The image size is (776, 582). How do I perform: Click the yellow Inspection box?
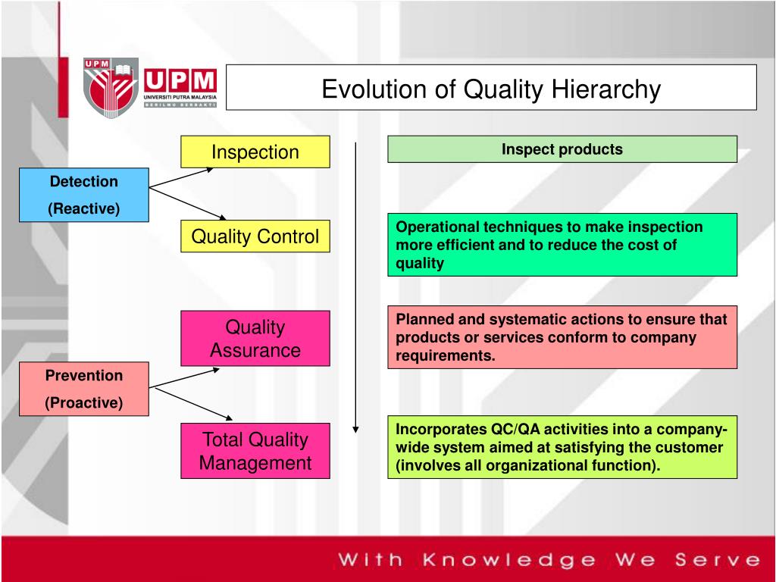(x=255, y=152)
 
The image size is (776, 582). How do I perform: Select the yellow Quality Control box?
(x=255, y=236)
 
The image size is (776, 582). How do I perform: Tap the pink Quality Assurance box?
(x=255, y=339)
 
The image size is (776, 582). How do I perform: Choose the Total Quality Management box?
(x=255, y=451)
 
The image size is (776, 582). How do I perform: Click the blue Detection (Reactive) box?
(x=84, y=195)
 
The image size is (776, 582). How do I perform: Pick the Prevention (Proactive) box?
(x=84, y=389)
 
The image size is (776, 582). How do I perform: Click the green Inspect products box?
(x=562, y=149)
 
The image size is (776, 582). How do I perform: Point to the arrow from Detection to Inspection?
(x=181, y=178)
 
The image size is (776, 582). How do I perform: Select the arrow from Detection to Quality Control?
(x=188, y=203)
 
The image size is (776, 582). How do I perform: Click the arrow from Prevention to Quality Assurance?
(x=184, y=377)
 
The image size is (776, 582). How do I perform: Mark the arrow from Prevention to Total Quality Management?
(x=193, y=405)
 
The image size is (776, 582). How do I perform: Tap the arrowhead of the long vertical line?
(x=355, y=430)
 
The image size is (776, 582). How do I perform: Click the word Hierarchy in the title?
(x=605, y=89)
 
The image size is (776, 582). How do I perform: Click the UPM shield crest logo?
(x=111, y=88)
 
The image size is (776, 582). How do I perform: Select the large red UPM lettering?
(x=180, y=80)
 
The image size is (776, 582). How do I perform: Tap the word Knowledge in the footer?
(x=509, y=560)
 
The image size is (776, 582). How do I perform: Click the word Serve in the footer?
(x=718, y=560)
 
